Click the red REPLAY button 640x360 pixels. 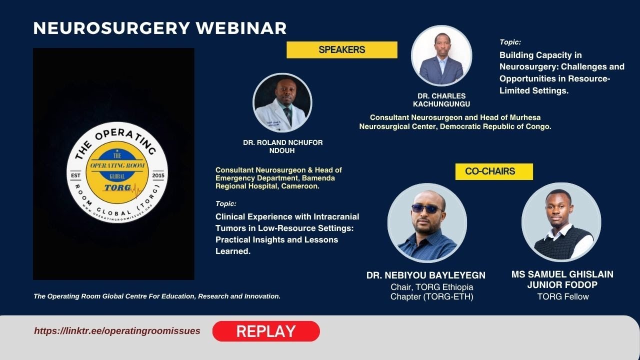tap(266, 331)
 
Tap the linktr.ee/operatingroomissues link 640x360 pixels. tap(117, 331)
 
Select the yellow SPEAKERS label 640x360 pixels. tap(342, 50)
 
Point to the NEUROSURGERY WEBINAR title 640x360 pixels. tap(160, 28)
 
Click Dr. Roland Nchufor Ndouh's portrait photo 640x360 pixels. tap(282, 102)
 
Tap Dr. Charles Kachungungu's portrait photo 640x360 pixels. tap(441, 55)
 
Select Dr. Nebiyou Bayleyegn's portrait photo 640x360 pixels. tap(427, 223)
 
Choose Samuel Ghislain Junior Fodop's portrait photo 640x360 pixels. tap(561, 222)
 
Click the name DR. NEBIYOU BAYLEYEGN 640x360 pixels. tap(426, 275)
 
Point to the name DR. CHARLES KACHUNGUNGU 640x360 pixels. tap(441, 100)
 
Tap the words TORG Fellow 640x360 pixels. tap(563, 296)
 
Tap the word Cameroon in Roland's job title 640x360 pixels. tap(302, 186)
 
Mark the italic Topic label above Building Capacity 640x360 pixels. tap(510, 42)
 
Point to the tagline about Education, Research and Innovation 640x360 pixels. tap(157, 296)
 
